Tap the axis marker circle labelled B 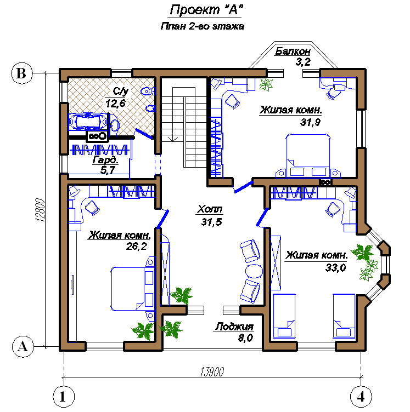pos(22,73)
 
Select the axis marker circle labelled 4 pos(361,397)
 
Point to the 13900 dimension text pos(212,372)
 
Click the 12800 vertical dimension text pos(40,210)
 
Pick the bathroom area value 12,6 pos(115,103)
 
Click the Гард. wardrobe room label pos(105,160)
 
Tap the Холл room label pos(210,209)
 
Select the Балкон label pos(293,51)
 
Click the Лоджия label pos(234,327)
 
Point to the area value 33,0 pos(335,268)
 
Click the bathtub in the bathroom pos(88,122)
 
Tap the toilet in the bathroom pos(148,91)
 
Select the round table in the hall pos(254,271)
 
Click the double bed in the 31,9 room pos(308,156)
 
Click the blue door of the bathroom pos(144,134)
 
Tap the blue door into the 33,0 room pos(262,217)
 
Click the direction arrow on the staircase pos(172,138)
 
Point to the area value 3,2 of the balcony pos(303,62)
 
